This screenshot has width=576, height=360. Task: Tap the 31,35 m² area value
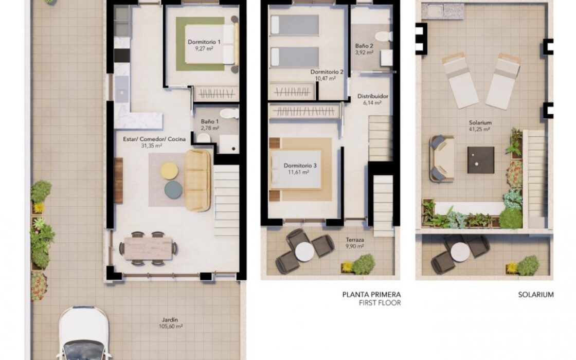(152, 146)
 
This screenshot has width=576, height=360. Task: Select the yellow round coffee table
(169, 171)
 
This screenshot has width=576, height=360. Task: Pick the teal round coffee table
(173, 190)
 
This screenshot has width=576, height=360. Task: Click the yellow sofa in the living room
(197, 181)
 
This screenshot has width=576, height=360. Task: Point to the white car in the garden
(84, 333)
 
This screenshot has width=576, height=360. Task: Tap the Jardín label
(171, 320)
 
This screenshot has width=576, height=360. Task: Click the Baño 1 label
(210, 121)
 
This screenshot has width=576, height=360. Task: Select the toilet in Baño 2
(384, 36)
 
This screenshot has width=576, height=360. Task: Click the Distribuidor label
(373, 96)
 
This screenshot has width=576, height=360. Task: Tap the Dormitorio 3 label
(300, 166)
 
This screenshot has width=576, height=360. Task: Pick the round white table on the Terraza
(304, 252)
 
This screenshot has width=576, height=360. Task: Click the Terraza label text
(355, 240)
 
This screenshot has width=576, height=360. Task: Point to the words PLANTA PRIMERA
(371, 295)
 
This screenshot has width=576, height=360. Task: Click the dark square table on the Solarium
(480, 160)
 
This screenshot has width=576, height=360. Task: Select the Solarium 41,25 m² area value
(480, 129)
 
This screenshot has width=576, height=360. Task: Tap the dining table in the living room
(148, 248)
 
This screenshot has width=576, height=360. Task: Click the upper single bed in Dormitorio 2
(295, 25)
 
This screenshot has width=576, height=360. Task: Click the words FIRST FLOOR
(380, 303)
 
